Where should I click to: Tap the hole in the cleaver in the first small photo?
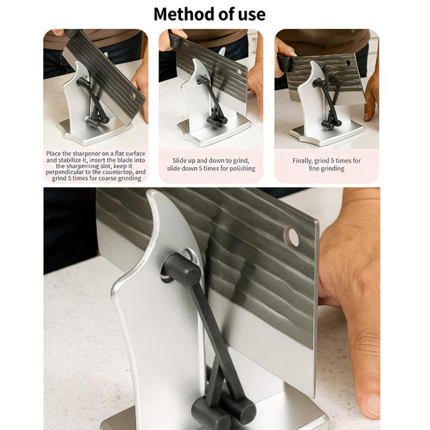click(x=133, y=96)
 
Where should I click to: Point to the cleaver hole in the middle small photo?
click(x=239, y=72)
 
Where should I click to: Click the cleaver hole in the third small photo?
click(x=348, y=63)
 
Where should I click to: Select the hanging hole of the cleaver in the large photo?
click(x=292, y=236)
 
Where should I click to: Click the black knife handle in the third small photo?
click(x=284, y=63)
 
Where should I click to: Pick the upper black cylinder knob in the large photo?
click(x=181, y=269)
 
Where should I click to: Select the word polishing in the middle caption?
click(x=242, y=168)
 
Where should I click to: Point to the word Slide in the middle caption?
click(x=179, y=160)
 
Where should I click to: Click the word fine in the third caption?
click(x=313, y=168)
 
